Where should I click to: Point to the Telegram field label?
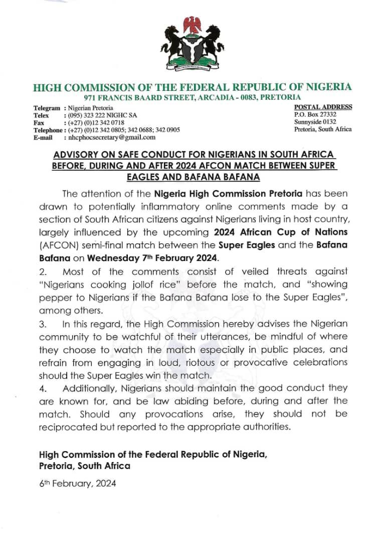(47, 108)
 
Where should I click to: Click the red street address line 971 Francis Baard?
(193, 97)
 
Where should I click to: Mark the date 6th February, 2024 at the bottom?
(78, 484)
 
